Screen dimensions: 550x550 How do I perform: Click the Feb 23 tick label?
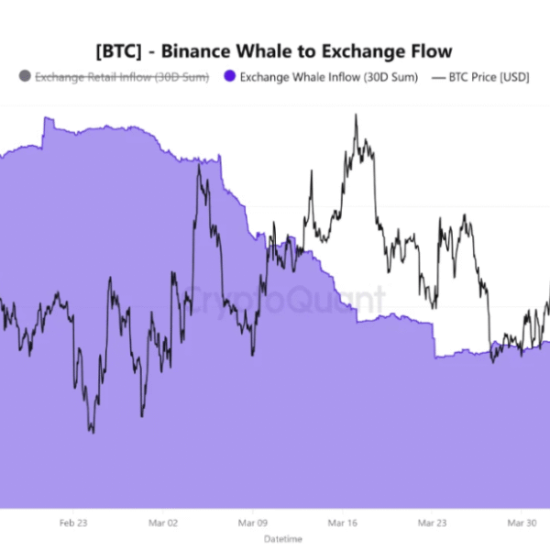73,523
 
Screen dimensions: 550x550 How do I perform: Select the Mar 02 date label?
162,523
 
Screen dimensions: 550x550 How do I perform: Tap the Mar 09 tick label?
252,523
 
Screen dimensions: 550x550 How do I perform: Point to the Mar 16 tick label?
342,523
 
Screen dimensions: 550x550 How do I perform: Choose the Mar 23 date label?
432,523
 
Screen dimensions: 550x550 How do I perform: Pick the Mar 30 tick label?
522,523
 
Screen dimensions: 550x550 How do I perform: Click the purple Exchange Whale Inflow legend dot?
230,77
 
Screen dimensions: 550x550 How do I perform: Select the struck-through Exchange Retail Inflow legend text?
121,77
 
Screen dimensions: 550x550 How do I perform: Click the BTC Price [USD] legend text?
489,77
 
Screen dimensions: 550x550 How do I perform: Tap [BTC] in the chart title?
118,50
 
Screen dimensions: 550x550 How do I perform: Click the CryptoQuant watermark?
293,298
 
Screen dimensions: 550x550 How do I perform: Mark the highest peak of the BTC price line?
355,115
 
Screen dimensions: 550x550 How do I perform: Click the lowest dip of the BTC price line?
91,431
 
